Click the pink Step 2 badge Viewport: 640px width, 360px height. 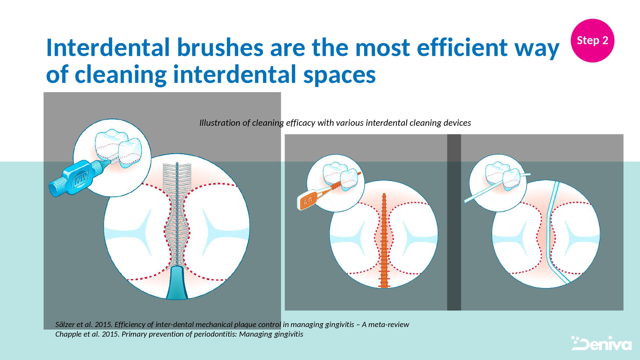[592, 40]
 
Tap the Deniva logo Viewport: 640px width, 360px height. [601, 343]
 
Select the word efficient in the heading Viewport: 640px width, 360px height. [462, 48]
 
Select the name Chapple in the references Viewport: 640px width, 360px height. [68, 334]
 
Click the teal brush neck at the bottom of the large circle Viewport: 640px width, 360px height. [177, 283]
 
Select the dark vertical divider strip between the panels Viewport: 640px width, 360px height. [454, 222]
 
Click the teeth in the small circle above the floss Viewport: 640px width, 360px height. [502, 176]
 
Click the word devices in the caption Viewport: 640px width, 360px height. [458, 123]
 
